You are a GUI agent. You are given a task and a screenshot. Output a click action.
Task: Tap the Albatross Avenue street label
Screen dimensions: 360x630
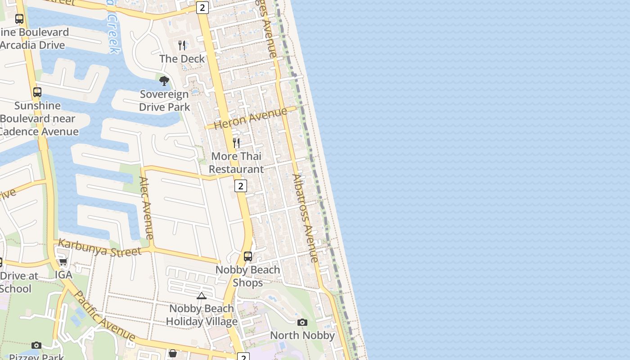[x=306, y=218]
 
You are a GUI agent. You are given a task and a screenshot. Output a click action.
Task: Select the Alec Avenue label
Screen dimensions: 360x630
[x=147, y=207]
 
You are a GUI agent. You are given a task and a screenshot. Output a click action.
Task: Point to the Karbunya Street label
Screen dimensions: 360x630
[x=99, y=248]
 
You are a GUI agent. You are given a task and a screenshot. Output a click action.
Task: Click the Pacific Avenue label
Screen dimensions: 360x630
[x=104, y=316]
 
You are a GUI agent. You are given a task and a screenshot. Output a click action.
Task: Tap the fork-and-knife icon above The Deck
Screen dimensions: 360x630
[x=182, y=45]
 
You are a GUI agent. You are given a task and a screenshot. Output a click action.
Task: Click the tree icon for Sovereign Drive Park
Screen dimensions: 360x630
[x=164, y=81]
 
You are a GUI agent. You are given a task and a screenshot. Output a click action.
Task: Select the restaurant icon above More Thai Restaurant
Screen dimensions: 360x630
[x=236, y=143]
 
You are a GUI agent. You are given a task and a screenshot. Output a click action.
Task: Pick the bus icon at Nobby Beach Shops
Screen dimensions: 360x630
[x=248, y=256]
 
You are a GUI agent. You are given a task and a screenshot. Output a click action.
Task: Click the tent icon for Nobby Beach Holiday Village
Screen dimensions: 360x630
[x=202, y=296]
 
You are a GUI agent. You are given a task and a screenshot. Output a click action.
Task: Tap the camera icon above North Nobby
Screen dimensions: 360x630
[x=302, y=322]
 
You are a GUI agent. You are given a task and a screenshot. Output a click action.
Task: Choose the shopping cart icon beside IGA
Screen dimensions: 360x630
[x=63, y=261]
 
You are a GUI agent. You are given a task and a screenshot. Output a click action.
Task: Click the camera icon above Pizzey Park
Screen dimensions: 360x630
[x=36, y=345]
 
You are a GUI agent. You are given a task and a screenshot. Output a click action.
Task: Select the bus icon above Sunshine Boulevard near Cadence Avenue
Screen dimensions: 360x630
[x=37, y=92]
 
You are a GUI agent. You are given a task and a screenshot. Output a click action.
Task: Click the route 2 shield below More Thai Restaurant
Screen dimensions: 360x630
[x=241, y=186]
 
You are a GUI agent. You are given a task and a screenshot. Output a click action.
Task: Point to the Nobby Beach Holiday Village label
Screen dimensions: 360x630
[x=202, y=315]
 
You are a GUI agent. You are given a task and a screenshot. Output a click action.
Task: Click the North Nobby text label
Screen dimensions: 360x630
[x=302, y=336]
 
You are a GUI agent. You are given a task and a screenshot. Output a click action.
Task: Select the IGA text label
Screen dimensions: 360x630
[x=63, y=274]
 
